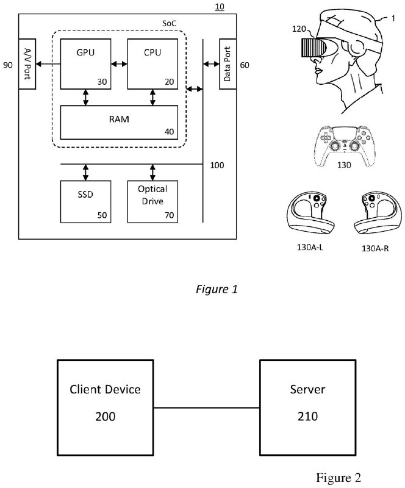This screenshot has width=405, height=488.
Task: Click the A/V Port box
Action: coord(28,63)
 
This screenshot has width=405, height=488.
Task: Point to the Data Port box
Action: coord(228,63)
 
